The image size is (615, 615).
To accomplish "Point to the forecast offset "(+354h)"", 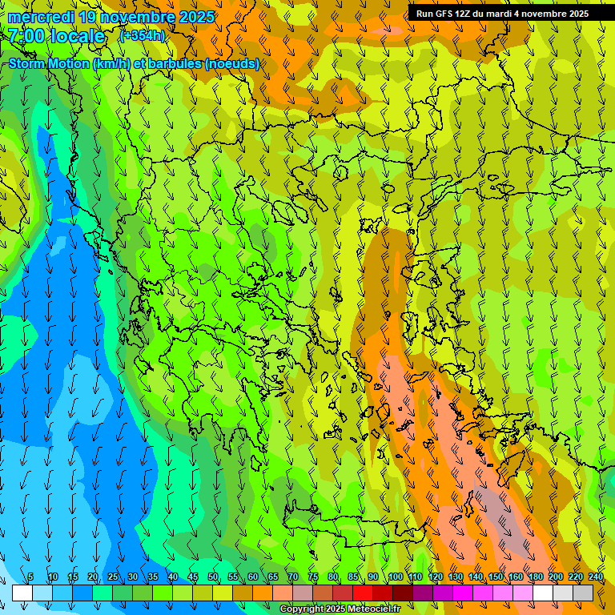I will pyautogui.click(x=142, y=36).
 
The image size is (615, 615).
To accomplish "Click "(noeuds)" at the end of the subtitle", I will pyautogui.click(x=232, y=64).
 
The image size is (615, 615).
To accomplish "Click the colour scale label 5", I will pyautogui.click(x=30, y=577).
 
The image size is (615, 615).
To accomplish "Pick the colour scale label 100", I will pyautogui.click(x=395, y=577).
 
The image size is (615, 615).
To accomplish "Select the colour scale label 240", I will pyautogui.click(x=595, y=577).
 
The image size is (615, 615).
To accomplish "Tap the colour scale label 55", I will pyautogui.click(x=233, y=577).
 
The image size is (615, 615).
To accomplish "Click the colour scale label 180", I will pyautogui.click(x=535, y=577).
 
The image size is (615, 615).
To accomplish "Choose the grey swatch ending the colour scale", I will pyautogui.click(x=583, y=593).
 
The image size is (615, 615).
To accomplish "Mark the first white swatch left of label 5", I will pyautogui.click(x=22, y=593).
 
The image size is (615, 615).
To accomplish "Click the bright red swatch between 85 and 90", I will pyautogui.click(x=363, y=593).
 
